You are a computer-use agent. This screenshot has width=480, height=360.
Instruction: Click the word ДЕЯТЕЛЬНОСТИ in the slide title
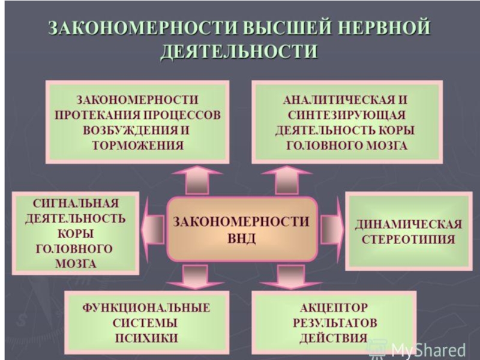click(x=239, y=51)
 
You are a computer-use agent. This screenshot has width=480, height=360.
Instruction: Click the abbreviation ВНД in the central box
click(x=242, y=238)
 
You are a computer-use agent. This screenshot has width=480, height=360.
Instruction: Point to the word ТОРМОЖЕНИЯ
click(x=138, y=145)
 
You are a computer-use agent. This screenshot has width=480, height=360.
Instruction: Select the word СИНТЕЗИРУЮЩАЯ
click(x=347, y=115)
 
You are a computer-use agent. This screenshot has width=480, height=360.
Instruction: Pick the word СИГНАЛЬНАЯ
click(x=76, y=203)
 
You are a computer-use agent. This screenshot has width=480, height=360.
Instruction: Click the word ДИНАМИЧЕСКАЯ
click(x=409, y=224)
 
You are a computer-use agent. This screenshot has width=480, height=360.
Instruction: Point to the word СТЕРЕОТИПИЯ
click(x=409, y=239)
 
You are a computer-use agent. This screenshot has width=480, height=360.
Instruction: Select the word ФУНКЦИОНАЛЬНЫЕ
click(x=146, y=308)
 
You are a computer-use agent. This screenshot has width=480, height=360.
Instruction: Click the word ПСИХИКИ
click(x=146, y=338)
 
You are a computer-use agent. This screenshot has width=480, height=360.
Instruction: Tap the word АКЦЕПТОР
click(x=334, y=308)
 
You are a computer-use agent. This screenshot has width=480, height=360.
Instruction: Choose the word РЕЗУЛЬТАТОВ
click(x=335, y=323)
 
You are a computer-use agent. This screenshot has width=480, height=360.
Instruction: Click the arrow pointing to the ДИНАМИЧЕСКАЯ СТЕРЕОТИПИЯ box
click(x=332, y=229)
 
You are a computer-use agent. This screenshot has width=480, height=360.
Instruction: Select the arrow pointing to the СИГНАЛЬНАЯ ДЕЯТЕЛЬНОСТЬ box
click(x=153, y=229)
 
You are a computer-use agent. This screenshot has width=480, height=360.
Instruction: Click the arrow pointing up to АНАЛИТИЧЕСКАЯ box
click(x=287, y=180)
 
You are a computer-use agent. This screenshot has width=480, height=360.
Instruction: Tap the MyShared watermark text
click(x=428, y=350)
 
